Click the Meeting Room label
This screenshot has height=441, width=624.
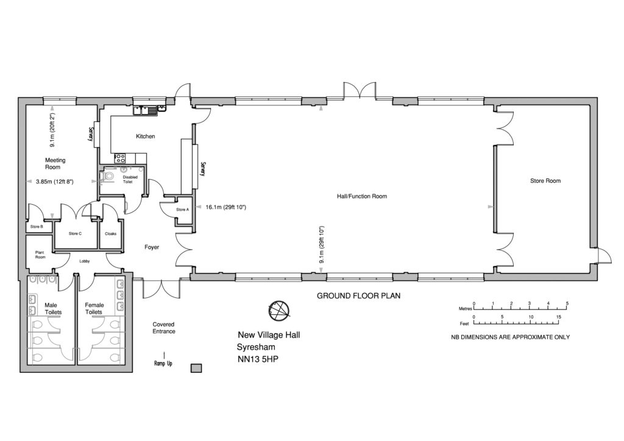point(55,164)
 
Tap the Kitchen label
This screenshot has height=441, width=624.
point(145,136)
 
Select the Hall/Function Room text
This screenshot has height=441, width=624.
point(362,197)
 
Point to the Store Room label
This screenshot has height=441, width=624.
point(545,181)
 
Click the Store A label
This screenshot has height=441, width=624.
point(183,210)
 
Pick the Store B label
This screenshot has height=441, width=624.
point(37,227)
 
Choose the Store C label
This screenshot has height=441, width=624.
point(75,233)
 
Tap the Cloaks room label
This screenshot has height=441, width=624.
point(111,233)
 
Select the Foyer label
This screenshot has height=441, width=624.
point(152,247)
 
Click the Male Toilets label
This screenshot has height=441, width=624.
point(53,308)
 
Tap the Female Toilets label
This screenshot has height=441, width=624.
point(94,308)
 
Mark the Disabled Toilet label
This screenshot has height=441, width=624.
point(130,179)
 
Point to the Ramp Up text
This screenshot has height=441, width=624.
point(163,364)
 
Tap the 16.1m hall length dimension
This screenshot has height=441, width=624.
point(226,208)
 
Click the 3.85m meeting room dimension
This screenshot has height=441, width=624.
point(55,182)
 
